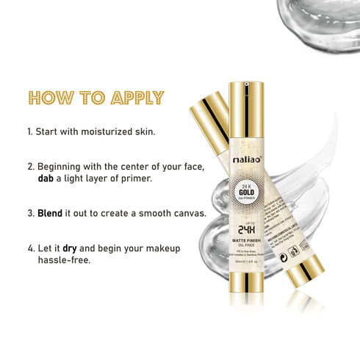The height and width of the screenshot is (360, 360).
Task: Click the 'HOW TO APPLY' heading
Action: [x=96, y=98]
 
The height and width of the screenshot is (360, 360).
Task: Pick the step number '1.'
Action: [x=30, y=132]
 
